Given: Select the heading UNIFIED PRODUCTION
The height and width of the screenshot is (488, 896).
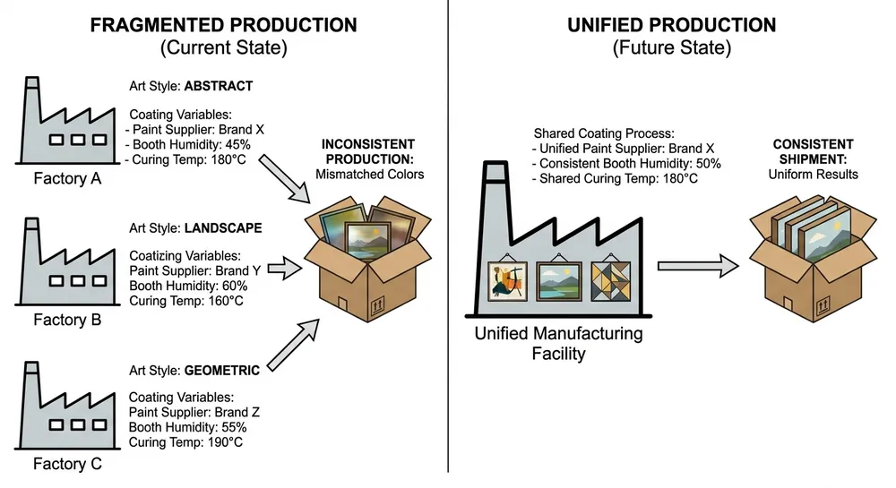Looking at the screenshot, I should (671, 25).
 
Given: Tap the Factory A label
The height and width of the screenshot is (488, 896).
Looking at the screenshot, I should (67, 178).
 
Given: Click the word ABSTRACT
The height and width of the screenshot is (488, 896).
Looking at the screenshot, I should (219, 87).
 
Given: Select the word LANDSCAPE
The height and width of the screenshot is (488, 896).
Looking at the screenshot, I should (223, 228).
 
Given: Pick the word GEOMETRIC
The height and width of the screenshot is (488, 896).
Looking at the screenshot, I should (222, 370).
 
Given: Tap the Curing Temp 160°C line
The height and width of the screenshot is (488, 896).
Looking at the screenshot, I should (186, 300).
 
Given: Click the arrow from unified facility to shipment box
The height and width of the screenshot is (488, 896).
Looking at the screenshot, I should (698, 265).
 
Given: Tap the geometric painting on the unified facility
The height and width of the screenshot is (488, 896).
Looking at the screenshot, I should (610, 282).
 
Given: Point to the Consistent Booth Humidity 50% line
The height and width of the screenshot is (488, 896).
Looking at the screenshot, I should (626, 164).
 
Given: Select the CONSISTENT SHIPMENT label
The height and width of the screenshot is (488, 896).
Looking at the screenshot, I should (813, 150).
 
